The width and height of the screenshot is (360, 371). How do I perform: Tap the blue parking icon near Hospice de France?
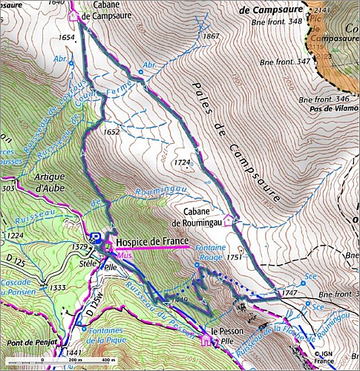(x=96, y=237)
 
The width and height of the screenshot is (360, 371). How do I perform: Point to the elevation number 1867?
(x=212, y=36)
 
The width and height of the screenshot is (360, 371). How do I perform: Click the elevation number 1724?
(x=183, y=161)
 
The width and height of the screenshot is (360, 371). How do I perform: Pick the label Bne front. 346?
(x=324, y=98)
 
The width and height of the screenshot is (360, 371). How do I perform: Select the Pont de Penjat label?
(x=30, y=343)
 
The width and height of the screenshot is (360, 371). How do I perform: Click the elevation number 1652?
(x=113, y=132)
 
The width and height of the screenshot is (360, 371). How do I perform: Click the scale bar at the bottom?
(x=73, y=361)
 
